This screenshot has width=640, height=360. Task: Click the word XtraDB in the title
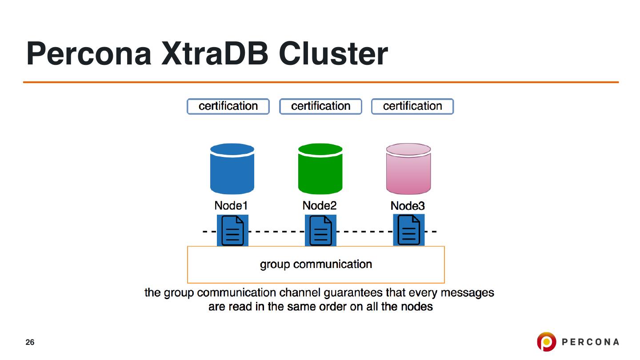[x=215, y=54]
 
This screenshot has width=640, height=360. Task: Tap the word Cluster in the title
[x=333, y=54]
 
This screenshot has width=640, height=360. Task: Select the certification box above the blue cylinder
[x=228, y=106]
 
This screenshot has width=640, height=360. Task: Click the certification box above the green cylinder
[x=320, y=106]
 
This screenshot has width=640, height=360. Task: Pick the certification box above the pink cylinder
[x=412, y=106]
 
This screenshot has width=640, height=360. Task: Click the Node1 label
[x=231, y=206]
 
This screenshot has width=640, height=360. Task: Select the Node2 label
[x=320, y=206]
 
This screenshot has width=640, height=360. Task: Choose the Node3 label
[x=408, y=206]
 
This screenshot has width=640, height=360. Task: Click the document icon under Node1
[x=232, y=230]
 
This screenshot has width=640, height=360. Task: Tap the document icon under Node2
[x=320, y=230]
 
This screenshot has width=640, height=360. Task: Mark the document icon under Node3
[x=409, y=230]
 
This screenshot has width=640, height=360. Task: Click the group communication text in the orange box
[x=316, y=264]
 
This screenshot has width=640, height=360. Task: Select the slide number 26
[x=30, y=342]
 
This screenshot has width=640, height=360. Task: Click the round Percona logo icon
[x=546, y=342]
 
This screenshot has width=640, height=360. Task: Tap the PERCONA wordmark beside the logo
[x=590, y=342]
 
